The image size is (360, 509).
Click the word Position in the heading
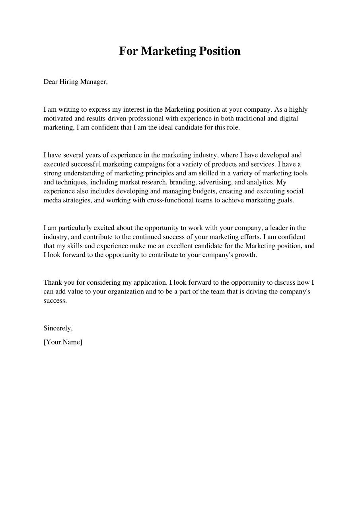(217, 51)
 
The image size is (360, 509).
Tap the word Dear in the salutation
(51, 82)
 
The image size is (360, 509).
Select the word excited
(105, 228)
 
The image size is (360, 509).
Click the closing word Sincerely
(58, 328)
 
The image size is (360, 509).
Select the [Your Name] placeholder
(63, 342)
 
